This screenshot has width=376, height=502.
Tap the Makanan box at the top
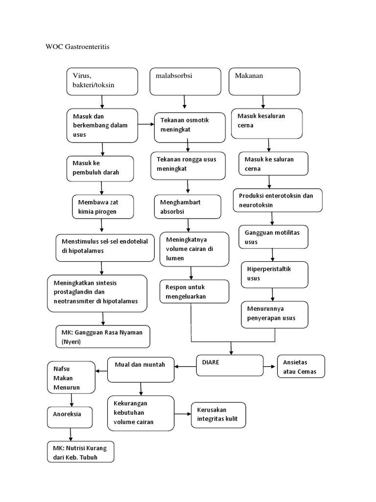(264, 81)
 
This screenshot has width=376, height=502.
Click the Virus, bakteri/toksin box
(102, 81)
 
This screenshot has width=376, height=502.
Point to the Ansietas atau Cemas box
(301, 367)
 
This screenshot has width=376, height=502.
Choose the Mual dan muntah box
(141, 369)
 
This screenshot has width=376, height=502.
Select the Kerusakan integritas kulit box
(218, 414)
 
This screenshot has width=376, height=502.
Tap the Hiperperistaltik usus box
(274, 274)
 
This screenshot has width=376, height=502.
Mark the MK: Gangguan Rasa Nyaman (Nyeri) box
(102, 337)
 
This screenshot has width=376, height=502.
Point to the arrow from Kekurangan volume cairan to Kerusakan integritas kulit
(182, 414)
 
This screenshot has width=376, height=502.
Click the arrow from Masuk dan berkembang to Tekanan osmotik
(146, 125)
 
